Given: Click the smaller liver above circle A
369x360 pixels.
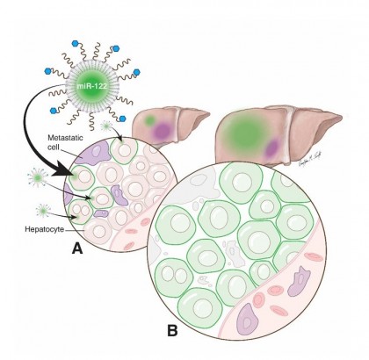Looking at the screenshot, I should pos(171,125).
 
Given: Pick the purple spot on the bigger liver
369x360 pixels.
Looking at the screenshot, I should pos(275,144).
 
